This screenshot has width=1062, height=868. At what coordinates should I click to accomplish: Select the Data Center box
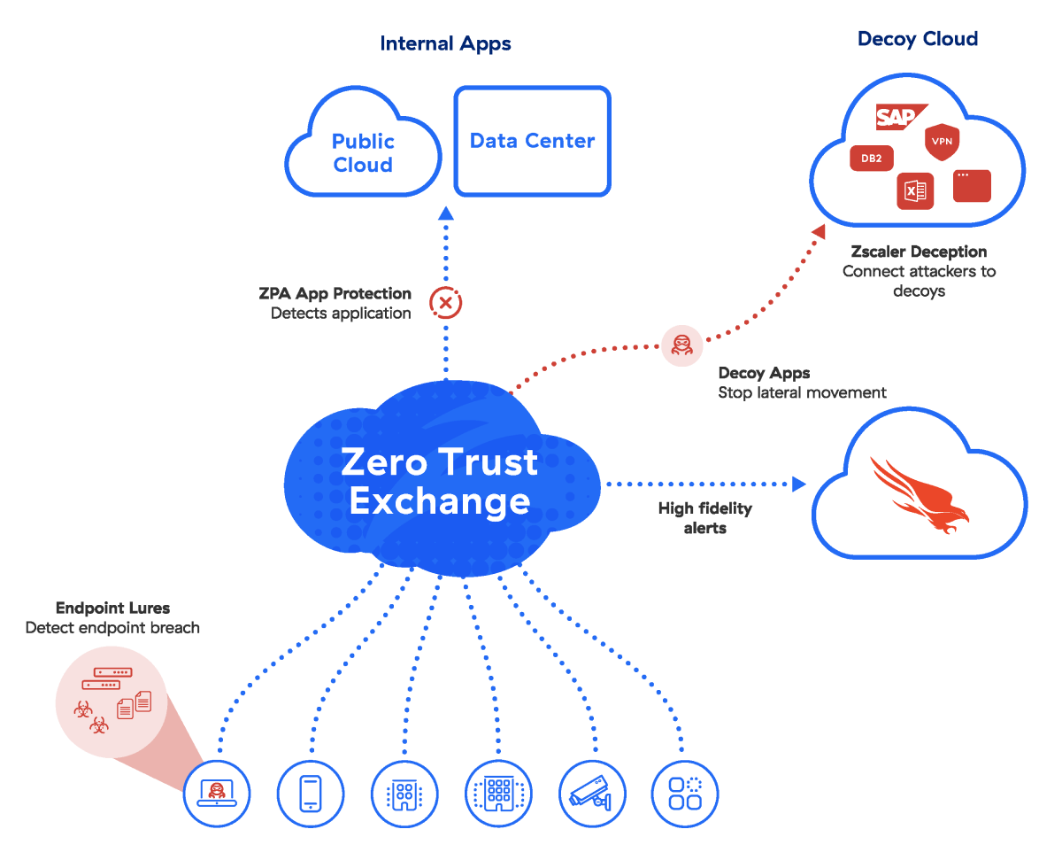532,141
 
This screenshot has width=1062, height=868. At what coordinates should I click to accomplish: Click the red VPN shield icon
942,142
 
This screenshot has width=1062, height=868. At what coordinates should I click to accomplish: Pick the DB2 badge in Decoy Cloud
871,159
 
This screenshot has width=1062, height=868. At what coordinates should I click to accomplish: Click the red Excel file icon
915,190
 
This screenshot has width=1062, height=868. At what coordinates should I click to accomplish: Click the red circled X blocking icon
446,303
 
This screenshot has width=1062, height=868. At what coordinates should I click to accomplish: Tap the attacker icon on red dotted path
681,345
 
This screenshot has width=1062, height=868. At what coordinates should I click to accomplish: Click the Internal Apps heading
445,43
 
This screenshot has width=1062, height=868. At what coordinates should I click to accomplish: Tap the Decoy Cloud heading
917,39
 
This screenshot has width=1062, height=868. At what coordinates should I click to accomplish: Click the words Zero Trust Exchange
440,481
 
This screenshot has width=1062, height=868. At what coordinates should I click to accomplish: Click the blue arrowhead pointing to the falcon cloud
799,484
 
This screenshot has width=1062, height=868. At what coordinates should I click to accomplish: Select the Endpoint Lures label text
112,608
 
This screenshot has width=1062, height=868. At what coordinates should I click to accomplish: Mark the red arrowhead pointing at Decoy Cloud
819,231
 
